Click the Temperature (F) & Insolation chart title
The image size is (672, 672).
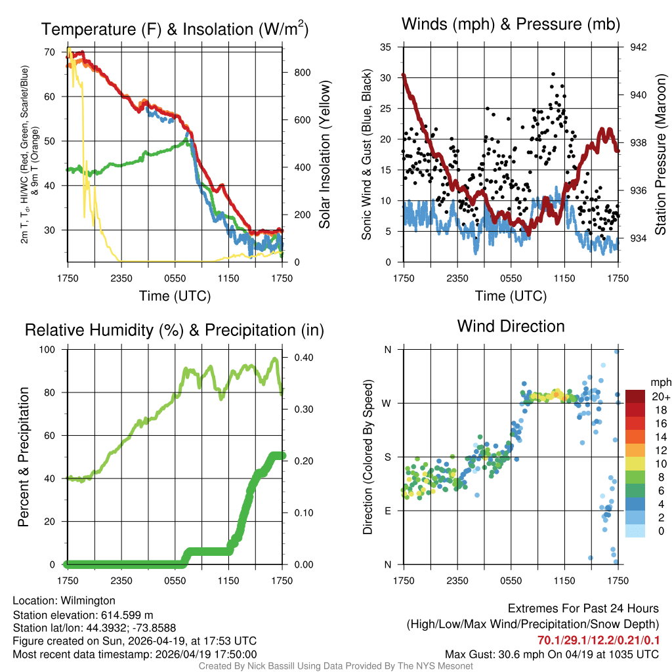click(175, 30)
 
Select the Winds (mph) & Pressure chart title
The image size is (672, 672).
click(511, 24)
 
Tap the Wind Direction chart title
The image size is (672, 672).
click(511, 326)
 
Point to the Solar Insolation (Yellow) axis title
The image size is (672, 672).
click(324, 155)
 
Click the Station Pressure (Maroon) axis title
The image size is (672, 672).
click(661, 155)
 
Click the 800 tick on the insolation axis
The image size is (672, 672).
click(302, 72)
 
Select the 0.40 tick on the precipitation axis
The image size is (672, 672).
click(300, 358)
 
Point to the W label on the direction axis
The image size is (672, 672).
click(388, 403)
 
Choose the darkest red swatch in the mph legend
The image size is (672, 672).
click(635, 396)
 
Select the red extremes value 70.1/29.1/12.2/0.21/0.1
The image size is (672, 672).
click(598, 640)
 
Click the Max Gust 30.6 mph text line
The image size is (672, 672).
click(551, 654)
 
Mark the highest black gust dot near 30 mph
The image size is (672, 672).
click(553, 74)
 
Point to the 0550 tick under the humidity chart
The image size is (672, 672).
click(175, 580)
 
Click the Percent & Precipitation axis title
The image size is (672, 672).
click(24, 457)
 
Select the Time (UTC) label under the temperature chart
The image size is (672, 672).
click(175, 296)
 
